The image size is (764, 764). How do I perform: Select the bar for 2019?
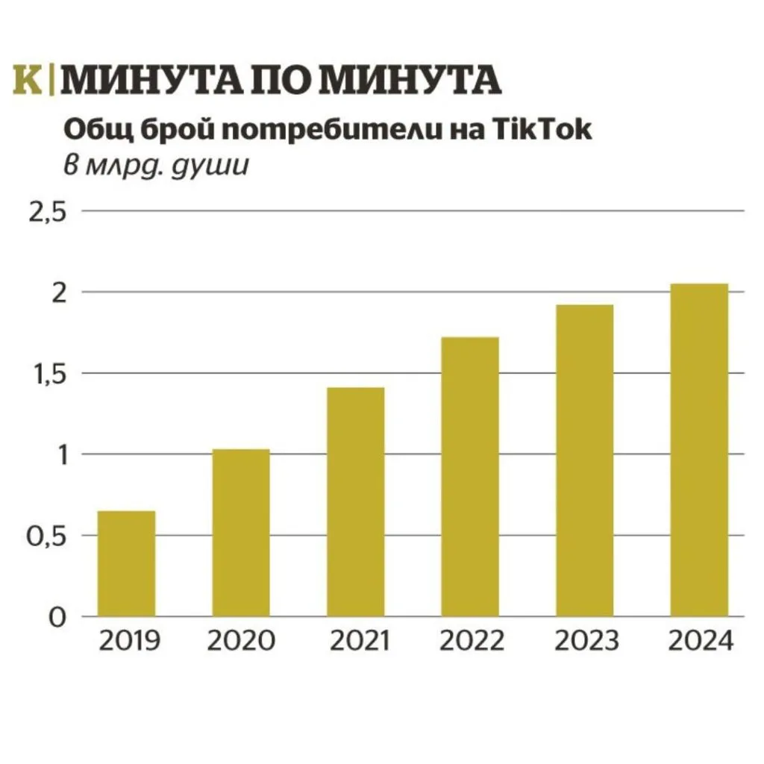point(126,563)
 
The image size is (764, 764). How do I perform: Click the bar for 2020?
point(241,533)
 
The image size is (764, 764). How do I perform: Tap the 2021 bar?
point(356,501)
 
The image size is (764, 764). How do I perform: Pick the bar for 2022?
point(470,477)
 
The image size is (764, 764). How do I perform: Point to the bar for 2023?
point(585,460)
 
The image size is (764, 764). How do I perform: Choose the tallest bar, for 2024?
point(699,450)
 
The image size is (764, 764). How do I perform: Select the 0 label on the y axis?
point(59,617)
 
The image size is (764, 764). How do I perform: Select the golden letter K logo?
point(28,80)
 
